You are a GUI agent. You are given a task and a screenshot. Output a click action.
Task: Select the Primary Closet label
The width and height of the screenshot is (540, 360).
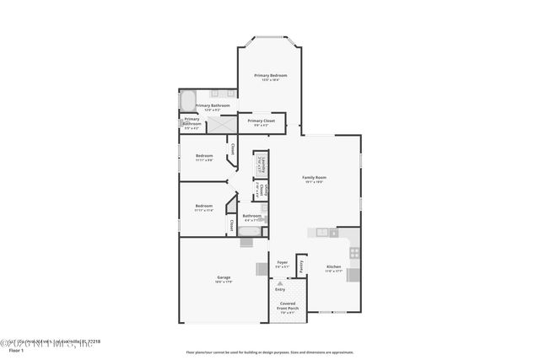coord(262,123)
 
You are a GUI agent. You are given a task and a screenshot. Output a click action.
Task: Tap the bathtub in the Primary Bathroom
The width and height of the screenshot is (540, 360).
coord(186,101)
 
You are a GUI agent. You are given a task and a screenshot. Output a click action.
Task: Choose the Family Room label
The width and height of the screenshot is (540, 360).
coord(315,180)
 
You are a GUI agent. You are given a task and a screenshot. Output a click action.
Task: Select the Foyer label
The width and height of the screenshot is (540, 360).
coord(283,264)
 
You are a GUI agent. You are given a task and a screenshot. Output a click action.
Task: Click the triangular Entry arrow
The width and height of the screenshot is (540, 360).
coord(280,283)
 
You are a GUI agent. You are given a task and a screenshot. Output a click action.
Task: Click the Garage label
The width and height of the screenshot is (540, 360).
coord(224,279)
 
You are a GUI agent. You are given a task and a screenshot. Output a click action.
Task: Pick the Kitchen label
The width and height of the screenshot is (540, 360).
coord(333,269)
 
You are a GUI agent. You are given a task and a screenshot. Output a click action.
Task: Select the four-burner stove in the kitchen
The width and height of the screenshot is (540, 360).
coord(354,252)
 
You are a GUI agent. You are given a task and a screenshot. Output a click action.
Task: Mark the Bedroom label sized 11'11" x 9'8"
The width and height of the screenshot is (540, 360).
coord(204,158)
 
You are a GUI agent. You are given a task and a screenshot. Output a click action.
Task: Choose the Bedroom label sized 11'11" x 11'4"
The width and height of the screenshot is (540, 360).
coord(203,207)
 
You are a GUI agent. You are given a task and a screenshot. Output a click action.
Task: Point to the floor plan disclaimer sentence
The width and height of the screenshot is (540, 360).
coord(270,352)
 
